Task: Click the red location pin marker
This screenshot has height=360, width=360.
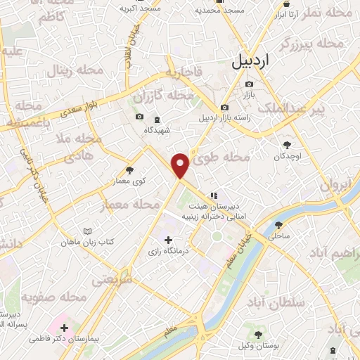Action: click(181, 165)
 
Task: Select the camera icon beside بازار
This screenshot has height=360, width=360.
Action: click(248, 84)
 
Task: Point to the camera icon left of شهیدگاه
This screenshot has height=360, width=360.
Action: click(139, 117)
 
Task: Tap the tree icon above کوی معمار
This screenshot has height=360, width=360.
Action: click(129, 169)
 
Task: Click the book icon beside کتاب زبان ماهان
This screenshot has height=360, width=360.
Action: click(87, 231)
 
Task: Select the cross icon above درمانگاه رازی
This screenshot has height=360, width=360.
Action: click(167, 240)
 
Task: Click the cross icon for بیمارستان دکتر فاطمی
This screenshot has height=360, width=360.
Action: click(65, 327)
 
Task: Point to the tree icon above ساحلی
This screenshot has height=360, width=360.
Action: click(280, 225)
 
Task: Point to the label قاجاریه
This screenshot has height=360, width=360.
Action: click(184, 72)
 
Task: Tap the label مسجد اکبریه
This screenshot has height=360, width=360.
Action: click(139, 8)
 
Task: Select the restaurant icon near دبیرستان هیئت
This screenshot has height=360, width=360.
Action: click(212, 195)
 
